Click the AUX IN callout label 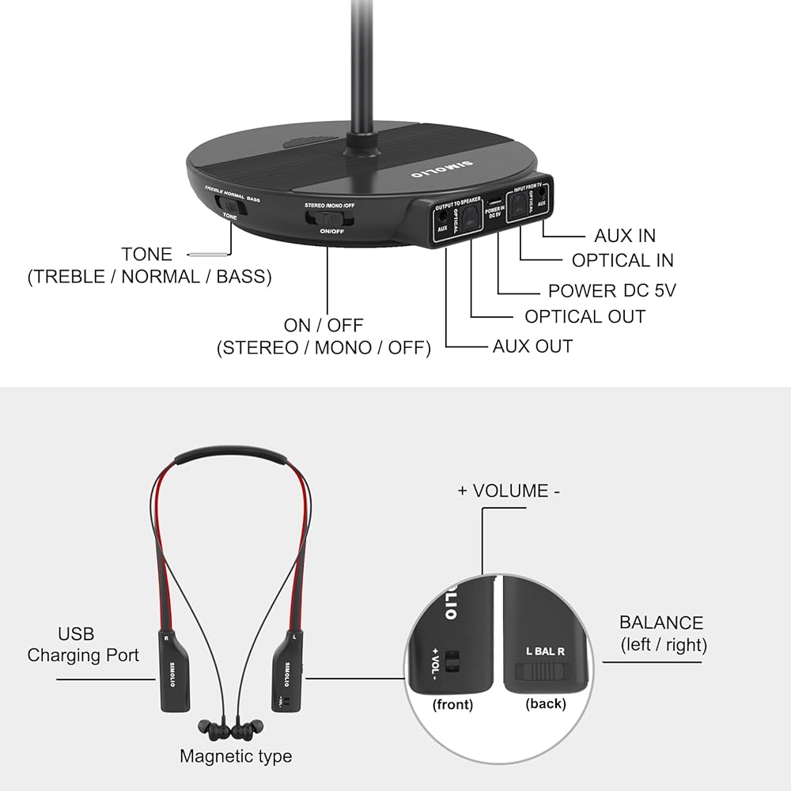pos(625,236)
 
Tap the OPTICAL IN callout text pos(623,260)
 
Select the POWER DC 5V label pos(612,291)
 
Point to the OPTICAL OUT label pos(585,316)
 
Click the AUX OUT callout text pos(532,346)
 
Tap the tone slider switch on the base pos(230,205)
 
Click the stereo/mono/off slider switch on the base pos(331,218)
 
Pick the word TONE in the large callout pos(146,254)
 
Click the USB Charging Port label pos(82,645)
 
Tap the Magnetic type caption pos(236,756)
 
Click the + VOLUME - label pos(509,490)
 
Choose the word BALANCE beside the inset pos(661,623)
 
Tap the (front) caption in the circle pos(452,704)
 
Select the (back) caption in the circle pos(546,702)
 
